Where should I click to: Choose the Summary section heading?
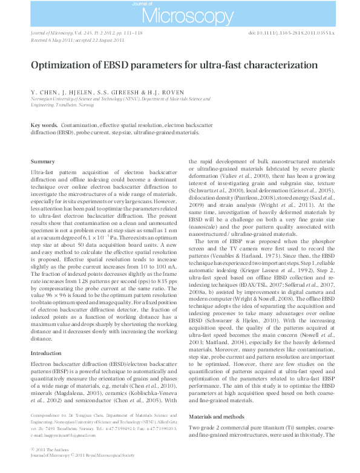coord(42,161)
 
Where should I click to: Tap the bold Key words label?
coord(44,125)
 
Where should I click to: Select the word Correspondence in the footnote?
coord(47,416)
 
